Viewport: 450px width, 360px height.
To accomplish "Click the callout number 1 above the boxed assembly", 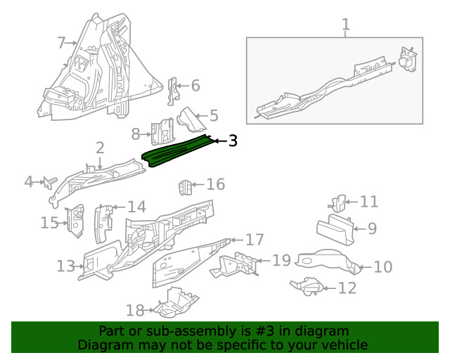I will pos(345,26).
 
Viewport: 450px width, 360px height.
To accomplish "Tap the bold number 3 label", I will pos(232,141).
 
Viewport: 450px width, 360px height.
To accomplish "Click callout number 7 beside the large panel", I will pos(61,44).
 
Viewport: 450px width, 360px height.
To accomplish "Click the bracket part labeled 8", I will pos(162,130).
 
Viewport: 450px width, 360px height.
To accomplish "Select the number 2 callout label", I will pos(100,148).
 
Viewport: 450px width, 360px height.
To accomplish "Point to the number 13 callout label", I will pos(65,266).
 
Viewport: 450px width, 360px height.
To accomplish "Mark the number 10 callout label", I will pos(382,267).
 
